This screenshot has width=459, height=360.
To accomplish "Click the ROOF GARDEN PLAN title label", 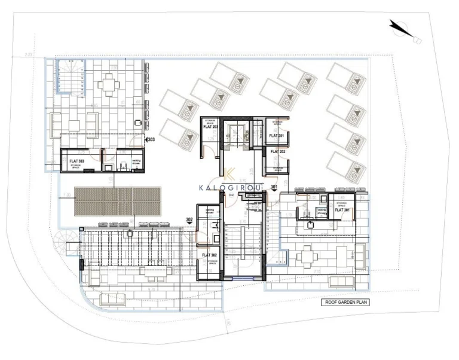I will pos(345,303).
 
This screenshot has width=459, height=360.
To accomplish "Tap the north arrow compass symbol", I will pos(404,32).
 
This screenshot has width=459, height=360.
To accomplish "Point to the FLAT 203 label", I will pos(210,127).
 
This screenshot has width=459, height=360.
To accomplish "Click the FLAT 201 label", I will pos(276,136).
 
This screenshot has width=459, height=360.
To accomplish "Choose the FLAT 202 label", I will pos(278,152).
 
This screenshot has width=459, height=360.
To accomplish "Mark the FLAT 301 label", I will pos(341,210).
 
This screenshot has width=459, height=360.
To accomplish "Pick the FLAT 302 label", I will pos(209,255).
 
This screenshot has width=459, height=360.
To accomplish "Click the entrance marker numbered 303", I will pos(152,140).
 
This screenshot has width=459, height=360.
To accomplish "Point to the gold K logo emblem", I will pos(229,174).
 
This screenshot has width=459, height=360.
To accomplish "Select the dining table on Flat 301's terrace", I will pos(308,257).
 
